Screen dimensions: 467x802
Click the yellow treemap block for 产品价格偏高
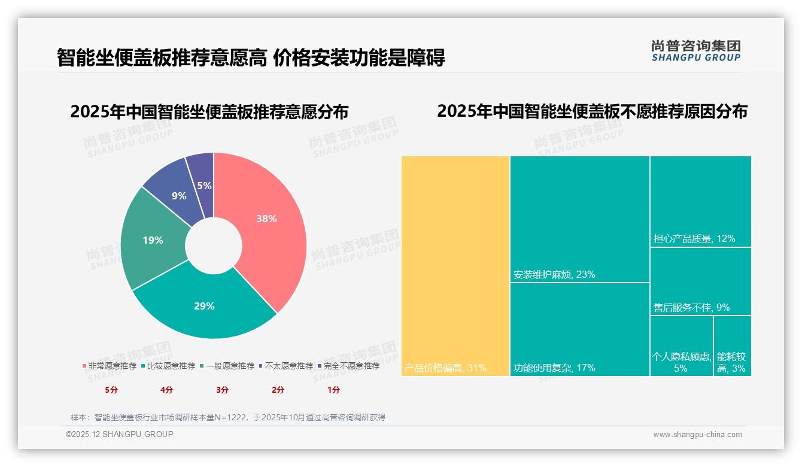click(x=455, y=263)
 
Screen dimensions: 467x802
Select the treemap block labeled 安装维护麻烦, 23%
click(x=579, y=219)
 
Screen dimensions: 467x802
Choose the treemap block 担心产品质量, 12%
click(x=700, y=201)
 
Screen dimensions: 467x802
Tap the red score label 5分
click(x=111, y=390)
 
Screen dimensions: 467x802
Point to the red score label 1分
click(x=333, y=390)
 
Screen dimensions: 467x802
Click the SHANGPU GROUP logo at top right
click(x=695, y=51)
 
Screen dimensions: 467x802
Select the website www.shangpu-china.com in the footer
click(x=697, y=435)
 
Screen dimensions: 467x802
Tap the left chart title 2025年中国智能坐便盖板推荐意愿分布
click(x=209, y=112)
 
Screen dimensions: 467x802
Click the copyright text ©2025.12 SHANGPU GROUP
click(x=120, y=434)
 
